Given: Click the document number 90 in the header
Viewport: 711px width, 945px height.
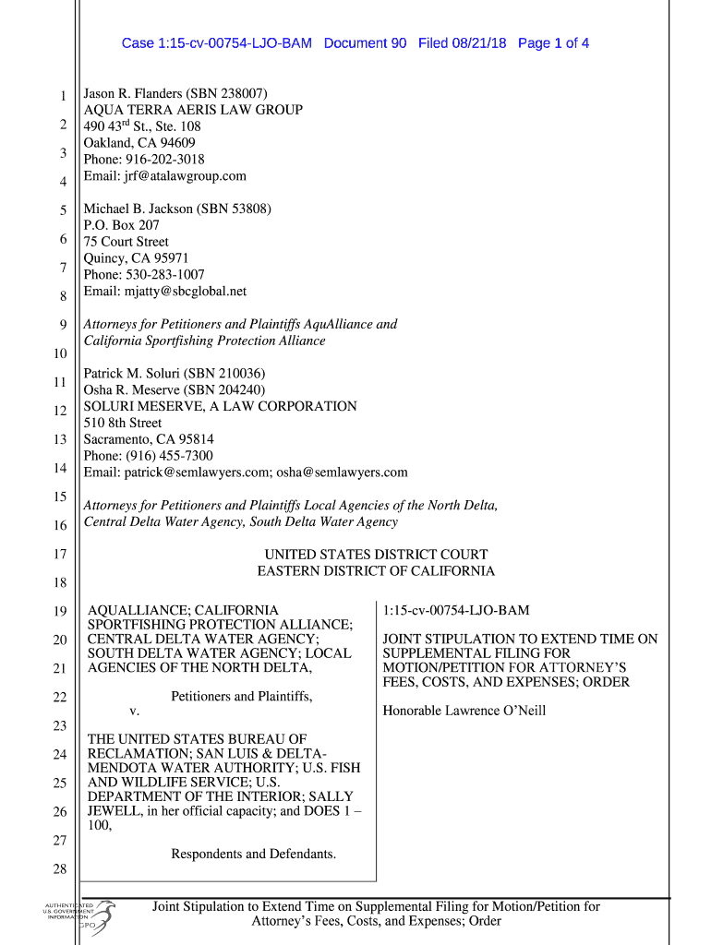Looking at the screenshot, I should [x=396, y=43].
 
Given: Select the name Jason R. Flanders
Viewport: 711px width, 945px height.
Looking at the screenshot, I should [x=133, y=93].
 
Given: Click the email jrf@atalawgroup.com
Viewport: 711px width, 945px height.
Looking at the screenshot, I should [x=165, y=176].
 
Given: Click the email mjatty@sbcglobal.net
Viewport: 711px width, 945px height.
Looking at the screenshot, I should [x=165, y=292].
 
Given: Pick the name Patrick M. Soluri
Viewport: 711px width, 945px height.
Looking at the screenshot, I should [x=132, y=374].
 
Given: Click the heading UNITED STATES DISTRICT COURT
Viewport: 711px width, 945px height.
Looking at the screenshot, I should [x=376, y=555].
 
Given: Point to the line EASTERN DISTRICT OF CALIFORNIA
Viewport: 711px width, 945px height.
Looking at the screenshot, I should [x=376, y=571].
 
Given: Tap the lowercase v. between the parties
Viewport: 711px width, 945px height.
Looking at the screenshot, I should [x=135, y=712].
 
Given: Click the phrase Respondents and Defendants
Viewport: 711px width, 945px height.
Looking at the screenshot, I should [x=253, y=854].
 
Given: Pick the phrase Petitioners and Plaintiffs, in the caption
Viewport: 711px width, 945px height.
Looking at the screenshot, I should [x=242, y=696].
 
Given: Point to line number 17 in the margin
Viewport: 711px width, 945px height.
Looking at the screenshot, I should [x=60, y=555].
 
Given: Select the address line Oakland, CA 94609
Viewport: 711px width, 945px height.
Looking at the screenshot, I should [x=139, y=143].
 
